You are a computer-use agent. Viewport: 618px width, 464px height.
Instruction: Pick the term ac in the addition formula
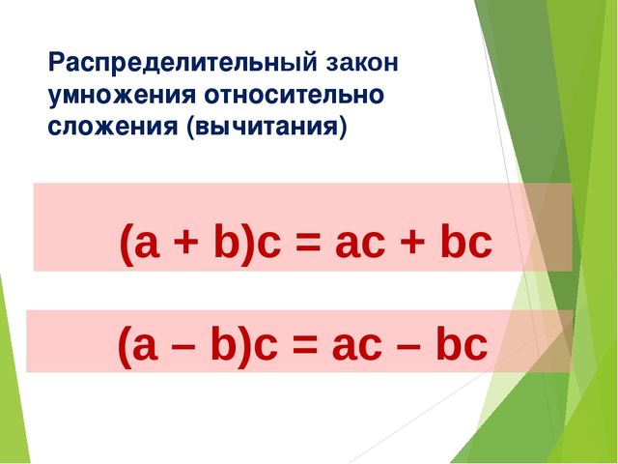tap(357, 243)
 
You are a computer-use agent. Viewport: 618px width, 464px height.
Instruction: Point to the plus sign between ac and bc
tap(412, 243)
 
